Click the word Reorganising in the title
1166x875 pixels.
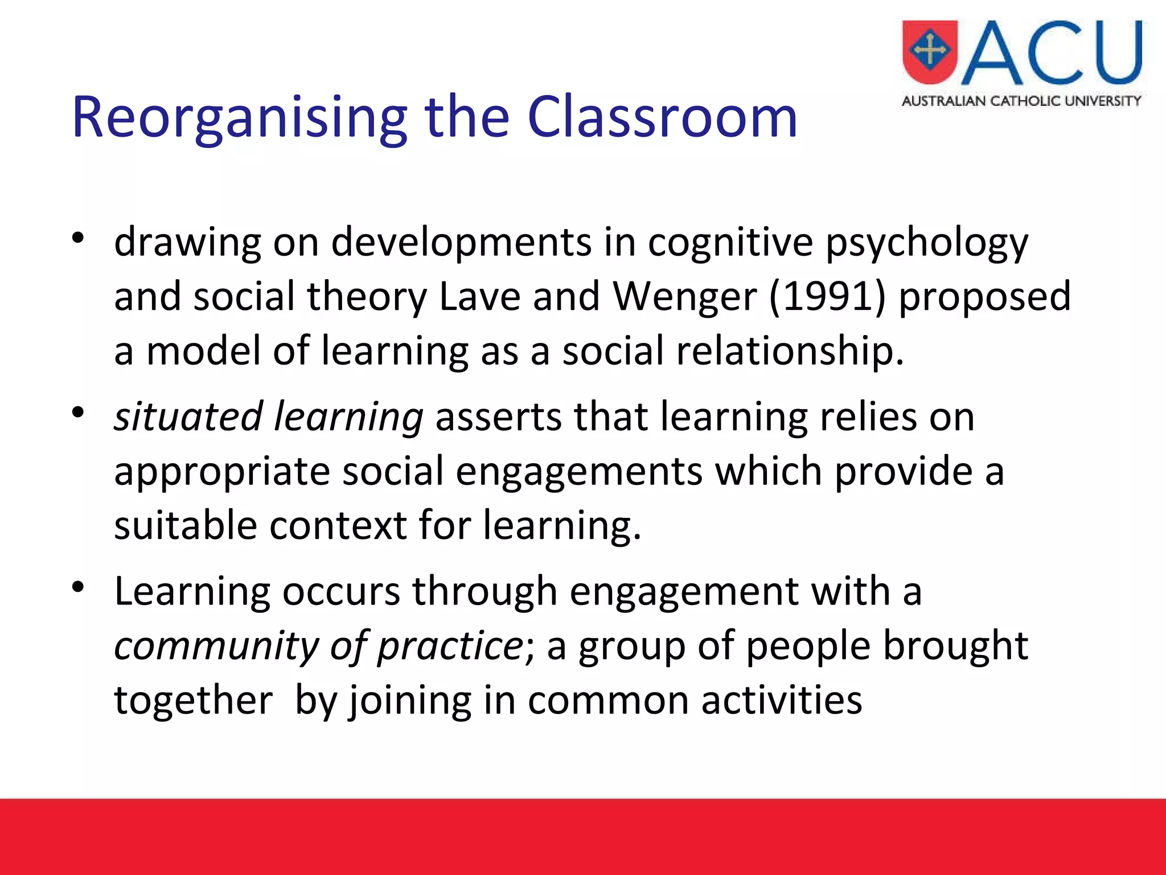click(239, 118)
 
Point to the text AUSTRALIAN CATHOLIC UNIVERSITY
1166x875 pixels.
click(1021, 101)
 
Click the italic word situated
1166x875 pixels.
click(188, 416)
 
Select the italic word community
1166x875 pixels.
click(216, 646)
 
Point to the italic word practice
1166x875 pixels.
click(450, 646)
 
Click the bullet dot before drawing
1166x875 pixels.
click(79, 238)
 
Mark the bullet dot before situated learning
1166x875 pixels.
click(79, 412)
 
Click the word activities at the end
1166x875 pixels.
click(781, 700)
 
